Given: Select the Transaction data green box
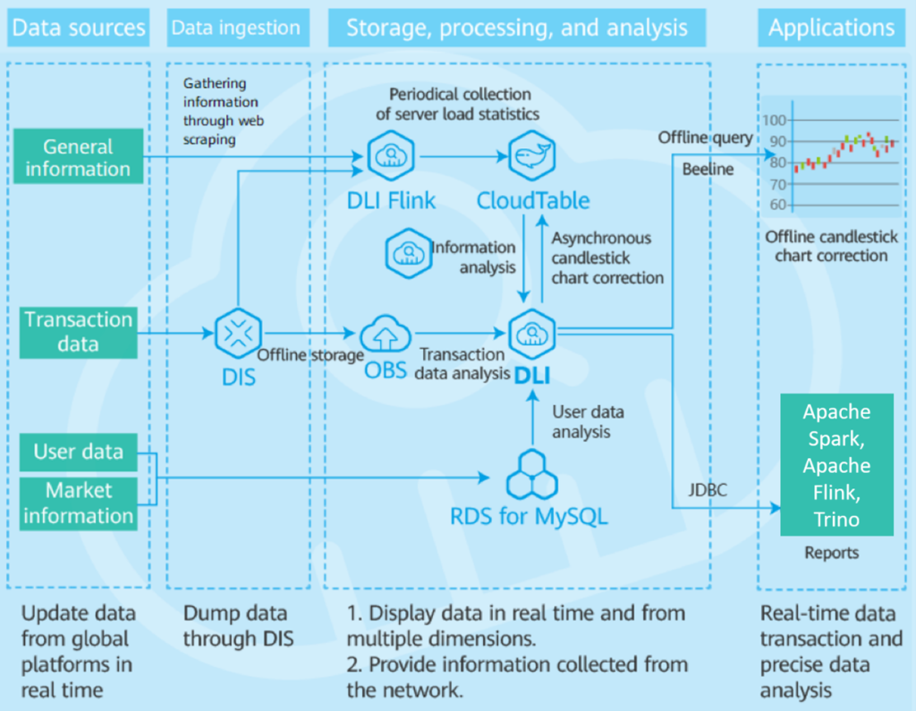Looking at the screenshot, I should (79, 332).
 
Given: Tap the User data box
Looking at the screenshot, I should (79, 453).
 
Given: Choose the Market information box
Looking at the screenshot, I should (79, 503).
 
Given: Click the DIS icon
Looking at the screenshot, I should (238, 334).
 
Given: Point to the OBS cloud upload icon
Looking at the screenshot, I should (386, 335).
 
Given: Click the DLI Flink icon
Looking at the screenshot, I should (391, 157).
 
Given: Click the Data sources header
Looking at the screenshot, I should (79, 28).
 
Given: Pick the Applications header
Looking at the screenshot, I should (831, 28).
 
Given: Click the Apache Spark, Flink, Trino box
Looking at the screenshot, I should (836, 465).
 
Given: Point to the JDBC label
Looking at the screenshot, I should (708, 490).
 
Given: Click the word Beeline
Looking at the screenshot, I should (708, 169).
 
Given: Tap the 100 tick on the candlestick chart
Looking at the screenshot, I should (775, 121).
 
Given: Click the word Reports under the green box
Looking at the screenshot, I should (831, 553).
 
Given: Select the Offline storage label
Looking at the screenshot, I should (310, 355).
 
